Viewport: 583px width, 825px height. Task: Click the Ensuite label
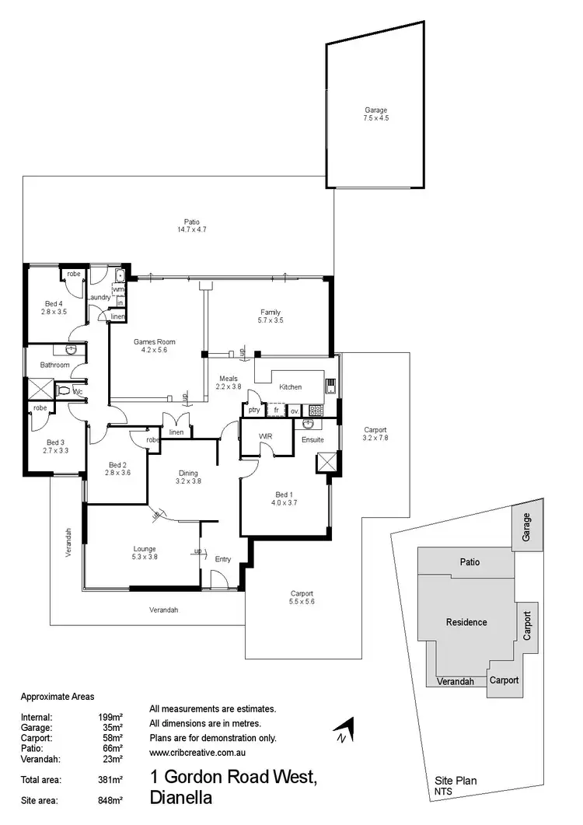pyautogui.click(x=312, y=439)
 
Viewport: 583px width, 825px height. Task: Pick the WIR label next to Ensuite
pyautogui.click(x=264, y=437)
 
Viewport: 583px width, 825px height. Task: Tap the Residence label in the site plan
pyautogui.click(x=466, y=622)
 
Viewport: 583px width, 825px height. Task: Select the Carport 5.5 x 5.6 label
pyautogui.click(x=302, y=596)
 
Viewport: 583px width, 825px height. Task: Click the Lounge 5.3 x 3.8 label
pyautogui.click(x=145, y=552)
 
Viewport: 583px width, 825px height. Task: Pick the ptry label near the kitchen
pyautogui.click(x=253, y=410)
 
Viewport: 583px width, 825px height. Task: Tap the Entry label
pyautogui.click(x=223, y=559)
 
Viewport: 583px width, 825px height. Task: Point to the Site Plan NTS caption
pyautogui.click(x=456, y=785)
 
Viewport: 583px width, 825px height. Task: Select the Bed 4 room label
pyautogui.click(x=54, y=307)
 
